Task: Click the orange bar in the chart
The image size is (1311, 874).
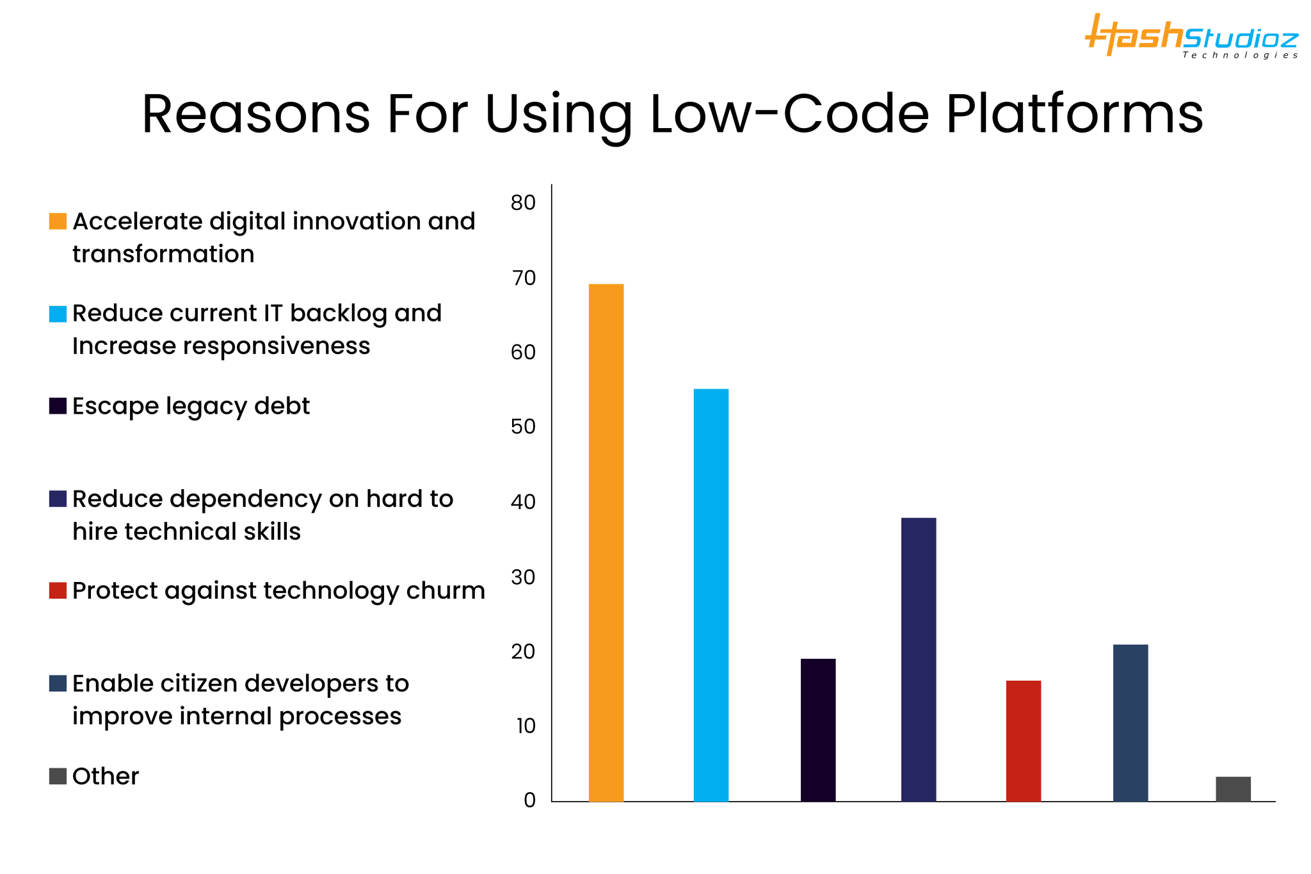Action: click(x=606, y=542)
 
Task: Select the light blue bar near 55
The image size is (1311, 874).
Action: click(x=711, y=595)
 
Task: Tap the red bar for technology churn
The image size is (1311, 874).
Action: click(x=1023, y=741)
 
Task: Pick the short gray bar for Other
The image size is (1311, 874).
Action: click(x=1233, y=789)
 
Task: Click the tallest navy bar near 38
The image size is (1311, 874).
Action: click(x=918, y=660)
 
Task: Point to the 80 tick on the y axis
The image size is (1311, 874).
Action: click(x=523, y=203)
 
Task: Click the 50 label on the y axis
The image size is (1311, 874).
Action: click(x=523, y=427)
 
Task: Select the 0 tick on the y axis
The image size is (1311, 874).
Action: click(x=529, y=800)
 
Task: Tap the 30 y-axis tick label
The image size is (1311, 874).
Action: click(x=523, y=578)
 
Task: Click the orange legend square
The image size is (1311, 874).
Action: click(x=58, y=222)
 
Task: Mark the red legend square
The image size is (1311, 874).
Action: click(x=58, y=590)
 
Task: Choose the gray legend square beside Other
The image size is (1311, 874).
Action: click(x=58, y=776)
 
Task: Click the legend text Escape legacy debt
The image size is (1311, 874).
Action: click(x=191, y=406)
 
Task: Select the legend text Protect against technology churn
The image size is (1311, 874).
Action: click(x=278, y=590)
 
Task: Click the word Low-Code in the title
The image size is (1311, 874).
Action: click(x=789, y=114)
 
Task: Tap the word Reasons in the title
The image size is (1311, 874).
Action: click(x=255, y=114)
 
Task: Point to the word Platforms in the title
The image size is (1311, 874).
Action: click(x=1074, y=114)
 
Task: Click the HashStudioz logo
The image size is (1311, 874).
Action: click(x=1191, y=37)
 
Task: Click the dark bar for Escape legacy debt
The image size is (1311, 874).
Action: click(x=817, y=730)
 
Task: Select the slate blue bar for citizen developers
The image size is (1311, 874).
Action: click(x=1130, y=723)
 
